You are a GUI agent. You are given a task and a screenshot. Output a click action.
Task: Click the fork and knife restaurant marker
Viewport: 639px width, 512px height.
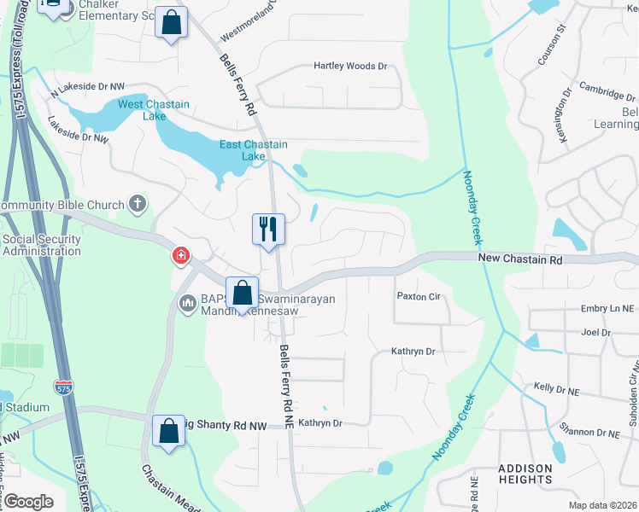click(x=268, y=230)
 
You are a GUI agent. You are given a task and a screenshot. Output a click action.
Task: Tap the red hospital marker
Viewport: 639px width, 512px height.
click(x=180, y=255)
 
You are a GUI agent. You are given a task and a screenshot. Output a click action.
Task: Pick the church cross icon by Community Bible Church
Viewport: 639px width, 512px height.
click(x=138, y=204)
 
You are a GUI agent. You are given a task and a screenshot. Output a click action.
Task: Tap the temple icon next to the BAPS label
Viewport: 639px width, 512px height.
click(x=187, y=302)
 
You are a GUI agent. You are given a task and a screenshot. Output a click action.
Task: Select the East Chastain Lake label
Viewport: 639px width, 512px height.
click(x=254, y=150)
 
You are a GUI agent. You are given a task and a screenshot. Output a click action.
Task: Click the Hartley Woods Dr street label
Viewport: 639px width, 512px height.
click(x=350, y=66)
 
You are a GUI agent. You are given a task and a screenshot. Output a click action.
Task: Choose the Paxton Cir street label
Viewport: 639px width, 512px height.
click(x=418, y=296)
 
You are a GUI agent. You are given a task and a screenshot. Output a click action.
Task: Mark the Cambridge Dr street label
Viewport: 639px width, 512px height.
click(x=609, y=90)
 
